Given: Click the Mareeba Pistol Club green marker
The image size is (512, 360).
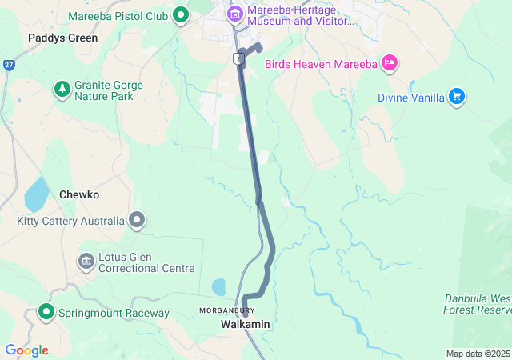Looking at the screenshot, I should click(181, 14).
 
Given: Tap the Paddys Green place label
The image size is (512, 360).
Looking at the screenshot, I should click(62, 38).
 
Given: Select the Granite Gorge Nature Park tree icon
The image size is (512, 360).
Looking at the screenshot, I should click(62, 87).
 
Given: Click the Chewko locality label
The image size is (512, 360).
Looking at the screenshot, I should click(78, 194).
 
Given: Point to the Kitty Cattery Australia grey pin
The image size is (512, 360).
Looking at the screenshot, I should click(138, 219).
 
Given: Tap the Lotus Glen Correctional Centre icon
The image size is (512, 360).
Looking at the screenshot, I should click(86, 261).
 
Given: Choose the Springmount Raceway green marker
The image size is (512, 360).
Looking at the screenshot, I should click(46, 312).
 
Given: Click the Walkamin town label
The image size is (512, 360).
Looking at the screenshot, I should click(246, 324).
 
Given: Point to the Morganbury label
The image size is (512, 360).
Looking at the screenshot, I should click(227, 310).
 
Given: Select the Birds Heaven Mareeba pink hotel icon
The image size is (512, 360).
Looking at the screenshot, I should click(390, 62).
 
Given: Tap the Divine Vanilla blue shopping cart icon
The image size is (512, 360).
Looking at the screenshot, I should click(457, 97).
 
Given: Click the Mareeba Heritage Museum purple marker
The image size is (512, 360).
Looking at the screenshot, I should click(235, 14).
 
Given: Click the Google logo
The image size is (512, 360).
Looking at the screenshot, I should click(26, 350).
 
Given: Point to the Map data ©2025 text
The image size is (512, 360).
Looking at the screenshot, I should click(478, 354).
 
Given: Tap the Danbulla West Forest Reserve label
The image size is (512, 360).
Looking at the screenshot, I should click(478, 304).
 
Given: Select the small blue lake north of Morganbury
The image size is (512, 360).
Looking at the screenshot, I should click(218, 286).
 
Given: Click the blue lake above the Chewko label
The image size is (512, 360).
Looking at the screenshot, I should click(36, 193).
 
